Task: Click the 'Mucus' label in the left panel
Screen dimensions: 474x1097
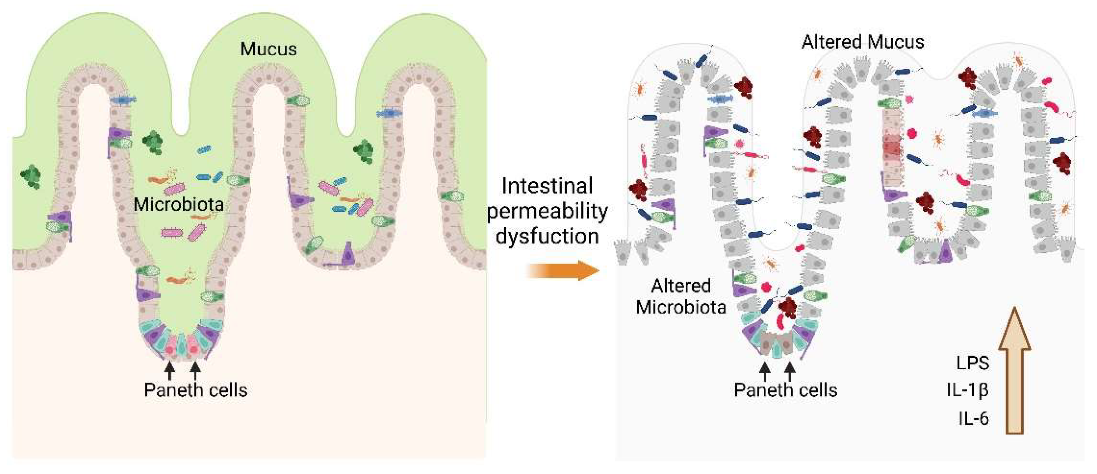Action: (268, 49)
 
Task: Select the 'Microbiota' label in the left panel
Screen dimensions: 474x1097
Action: (179, 205)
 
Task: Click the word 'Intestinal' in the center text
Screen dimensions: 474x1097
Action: (547, 186)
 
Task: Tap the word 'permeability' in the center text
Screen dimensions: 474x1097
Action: (547, 211)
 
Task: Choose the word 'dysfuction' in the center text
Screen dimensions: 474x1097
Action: (547, 236)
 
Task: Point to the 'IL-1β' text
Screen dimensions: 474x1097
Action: (967, 390)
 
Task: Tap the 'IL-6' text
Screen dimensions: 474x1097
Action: (974, 419)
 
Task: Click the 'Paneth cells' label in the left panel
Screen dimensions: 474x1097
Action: (195, 390)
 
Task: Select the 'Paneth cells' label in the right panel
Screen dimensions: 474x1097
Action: (785, 390)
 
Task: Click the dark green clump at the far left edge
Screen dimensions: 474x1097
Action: (31, 176)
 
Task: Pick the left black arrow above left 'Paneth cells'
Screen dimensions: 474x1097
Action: (169, 369)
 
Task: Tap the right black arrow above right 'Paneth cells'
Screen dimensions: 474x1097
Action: (790, 371)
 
